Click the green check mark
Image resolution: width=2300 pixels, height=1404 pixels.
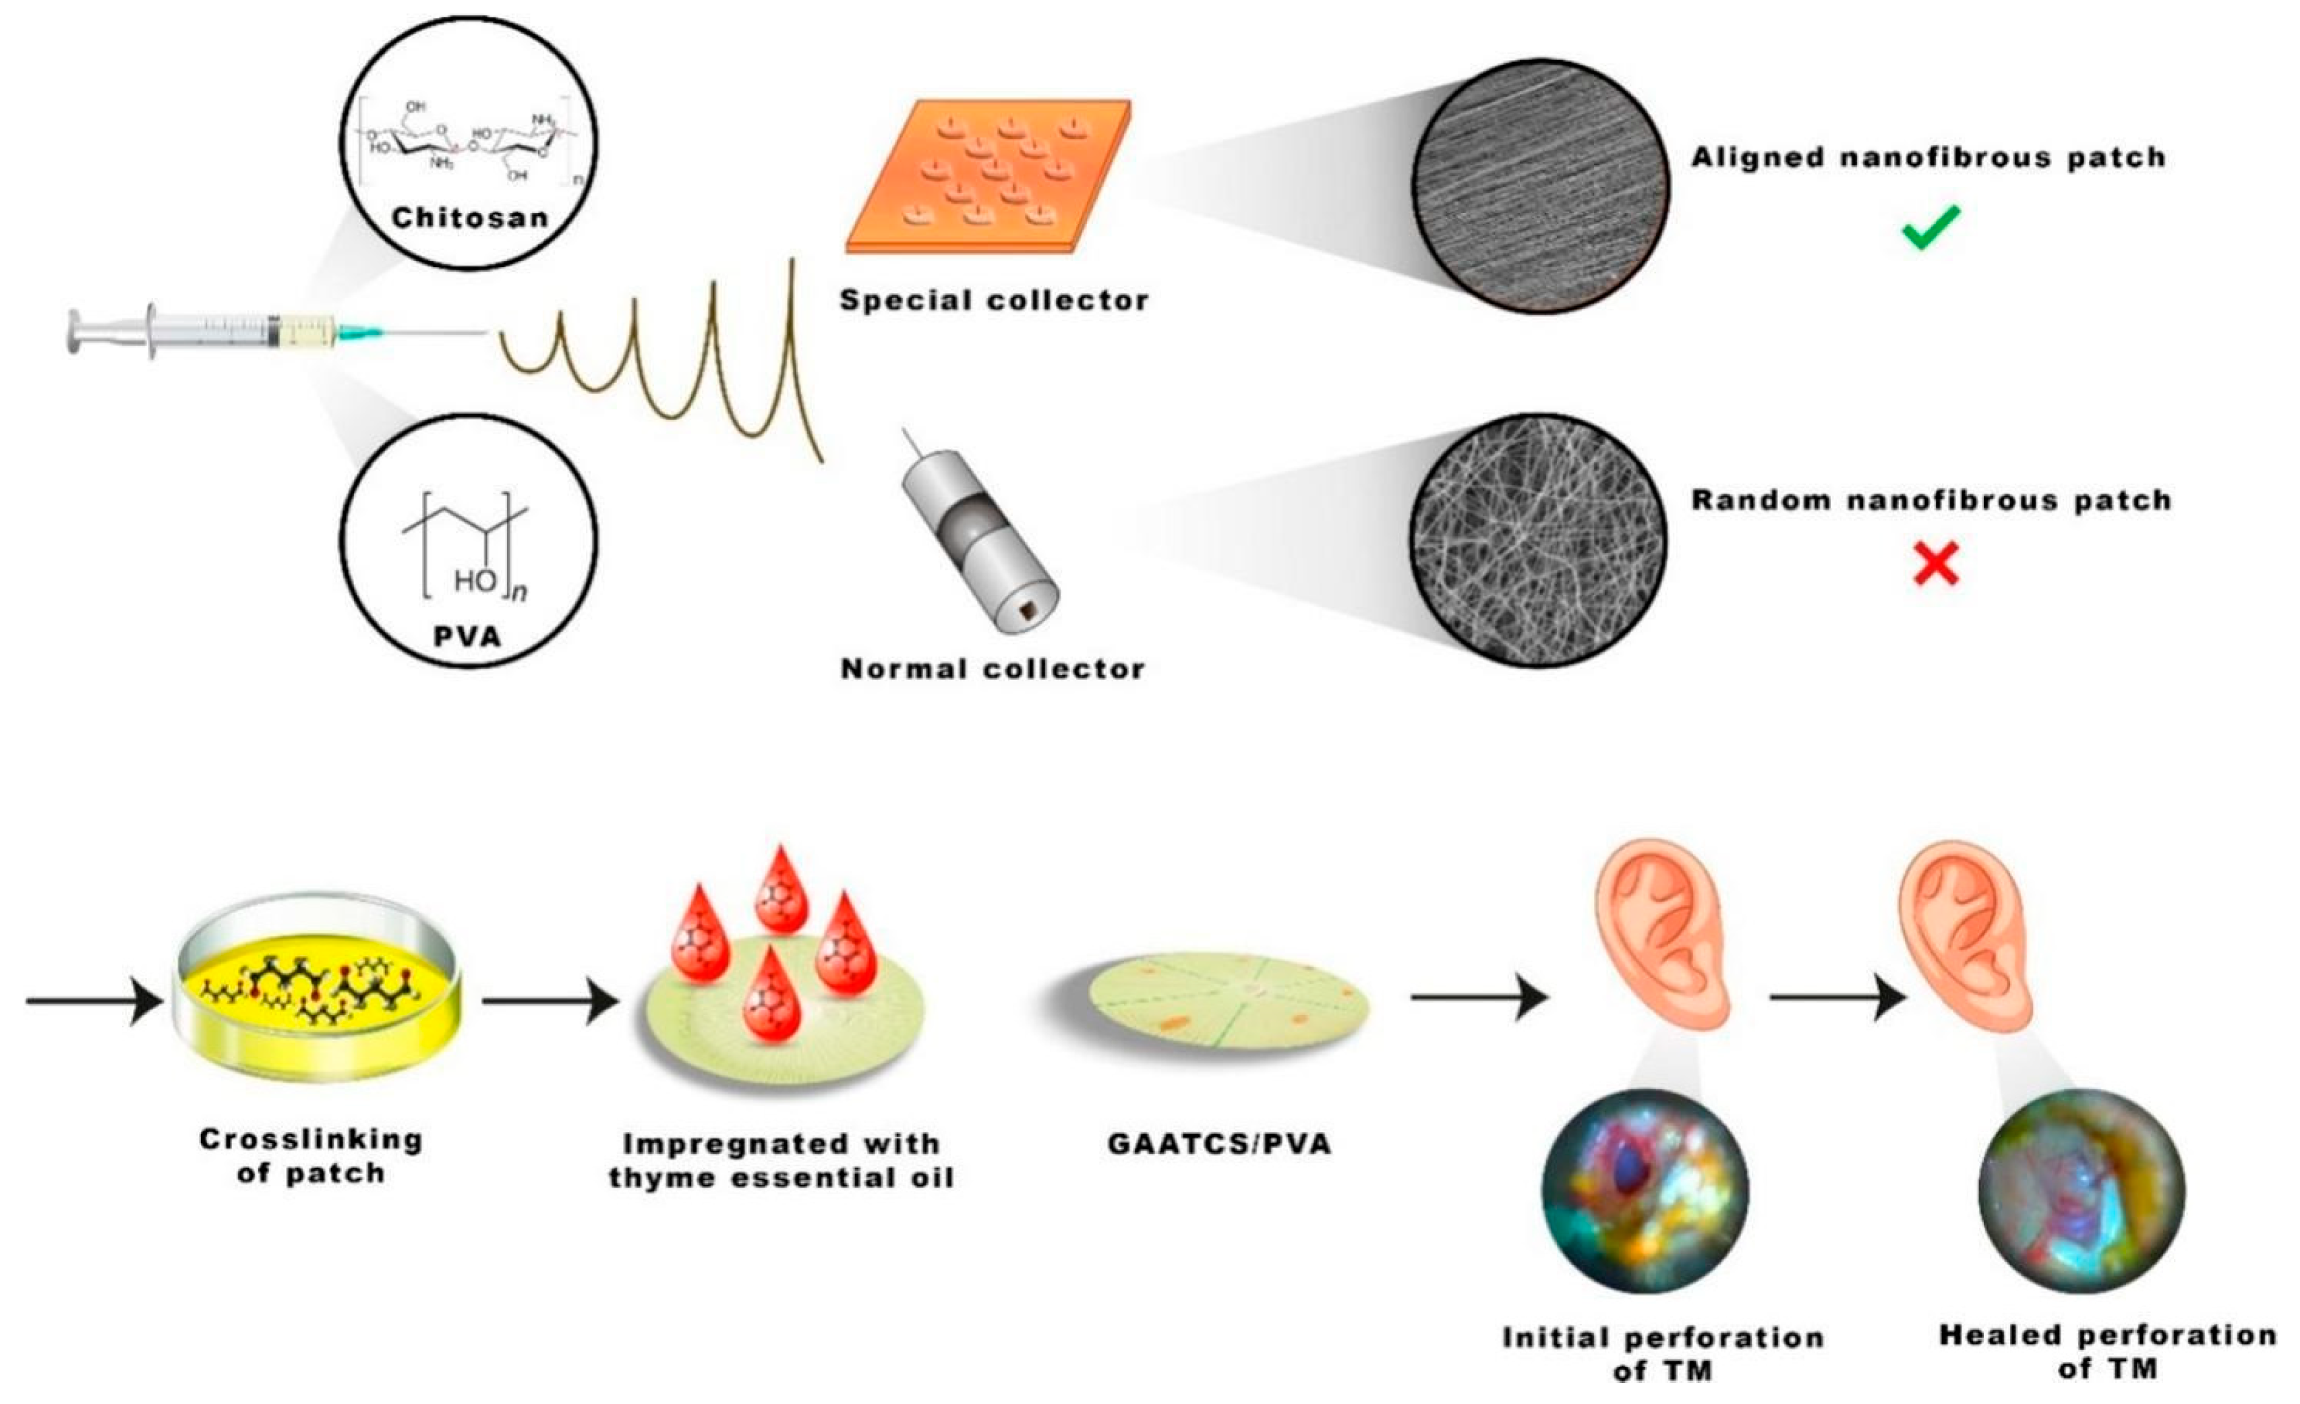click(x=1930, y=227)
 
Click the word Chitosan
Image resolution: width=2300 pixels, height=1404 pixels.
click(x=469, y=218)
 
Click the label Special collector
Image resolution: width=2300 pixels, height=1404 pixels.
click(x=994, y=301)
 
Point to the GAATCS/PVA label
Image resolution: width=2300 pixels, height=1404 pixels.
click(x=1219, y=1144)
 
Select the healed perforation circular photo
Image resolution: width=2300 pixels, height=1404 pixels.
click(x=2081, y=1190)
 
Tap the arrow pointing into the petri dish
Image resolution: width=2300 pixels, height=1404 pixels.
click(x=93, y=1001)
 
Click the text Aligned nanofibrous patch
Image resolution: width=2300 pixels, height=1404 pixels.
click(x=1928, y=158)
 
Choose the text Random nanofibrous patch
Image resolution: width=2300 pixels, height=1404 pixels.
click(x=1931, y=500)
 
